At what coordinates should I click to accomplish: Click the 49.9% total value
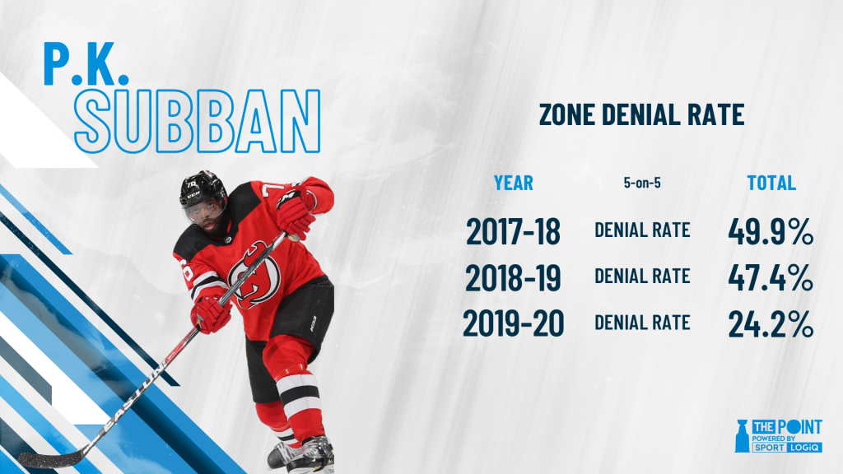click(771, 231)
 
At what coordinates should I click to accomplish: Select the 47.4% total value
click(771, 278)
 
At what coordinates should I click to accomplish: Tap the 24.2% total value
click(771, 324)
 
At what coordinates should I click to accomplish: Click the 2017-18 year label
click(514, 231)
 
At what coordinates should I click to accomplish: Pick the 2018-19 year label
click(514, 278)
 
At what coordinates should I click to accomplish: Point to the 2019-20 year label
click(514, 324)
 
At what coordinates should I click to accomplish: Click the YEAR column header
click(514, 183)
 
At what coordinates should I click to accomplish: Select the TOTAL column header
click(771, 183)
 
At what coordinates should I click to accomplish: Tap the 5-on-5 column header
click(642, 183)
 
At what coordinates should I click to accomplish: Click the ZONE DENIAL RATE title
click(641, 114)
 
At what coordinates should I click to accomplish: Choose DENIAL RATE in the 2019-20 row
click(642, 323)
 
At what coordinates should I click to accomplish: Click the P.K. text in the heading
click(86, 63)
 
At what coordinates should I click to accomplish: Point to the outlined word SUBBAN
click(198, 121)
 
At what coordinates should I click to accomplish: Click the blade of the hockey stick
click(51, 458)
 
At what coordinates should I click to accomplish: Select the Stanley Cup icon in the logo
click(742, 435)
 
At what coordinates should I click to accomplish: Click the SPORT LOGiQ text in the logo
click(786, 447)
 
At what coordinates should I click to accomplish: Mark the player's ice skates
click(301, 453)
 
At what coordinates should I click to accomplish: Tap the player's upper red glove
click(296, 212)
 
